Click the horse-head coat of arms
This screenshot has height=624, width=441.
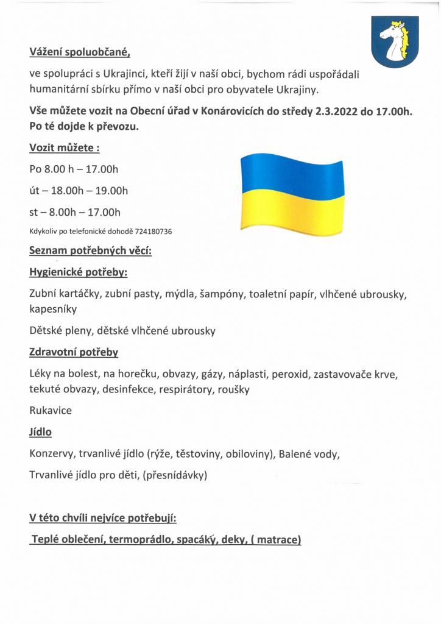[395, 41]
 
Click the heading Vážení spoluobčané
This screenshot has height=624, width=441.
[80, 52]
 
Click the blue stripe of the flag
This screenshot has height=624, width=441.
[292, 174]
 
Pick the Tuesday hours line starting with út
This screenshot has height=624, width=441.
[79, 191]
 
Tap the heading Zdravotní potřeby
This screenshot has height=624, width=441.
[74, 352]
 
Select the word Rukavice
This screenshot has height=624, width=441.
[51, 410]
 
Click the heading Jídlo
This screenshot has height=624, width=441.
[40, 432]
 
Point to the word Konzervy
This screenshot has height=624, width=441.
[52, 454]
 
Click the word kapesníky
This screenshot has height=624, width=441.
[53, 309]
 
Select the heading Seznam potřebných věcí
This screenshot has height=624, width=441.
[90, 250]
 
